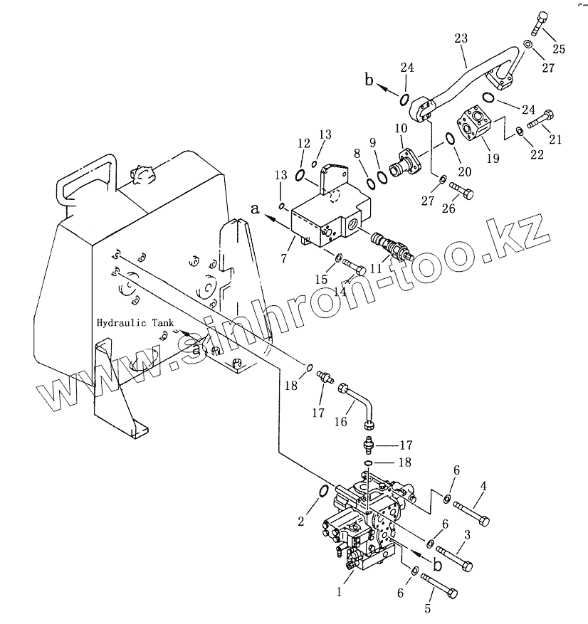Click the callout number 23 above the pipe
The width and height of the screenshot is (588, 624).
point(461,39)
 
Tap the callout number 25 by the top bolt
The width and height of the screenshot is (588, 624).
point(559,49)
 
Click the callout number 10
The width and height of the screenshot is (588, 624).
point(400,128)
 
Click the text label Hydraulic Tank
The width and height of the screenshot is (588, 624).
point(135,322)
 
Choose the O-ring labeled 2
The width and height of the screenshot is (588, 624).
point(321,493)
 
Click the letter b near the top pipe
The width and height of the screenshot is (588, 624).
point(369,80)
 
